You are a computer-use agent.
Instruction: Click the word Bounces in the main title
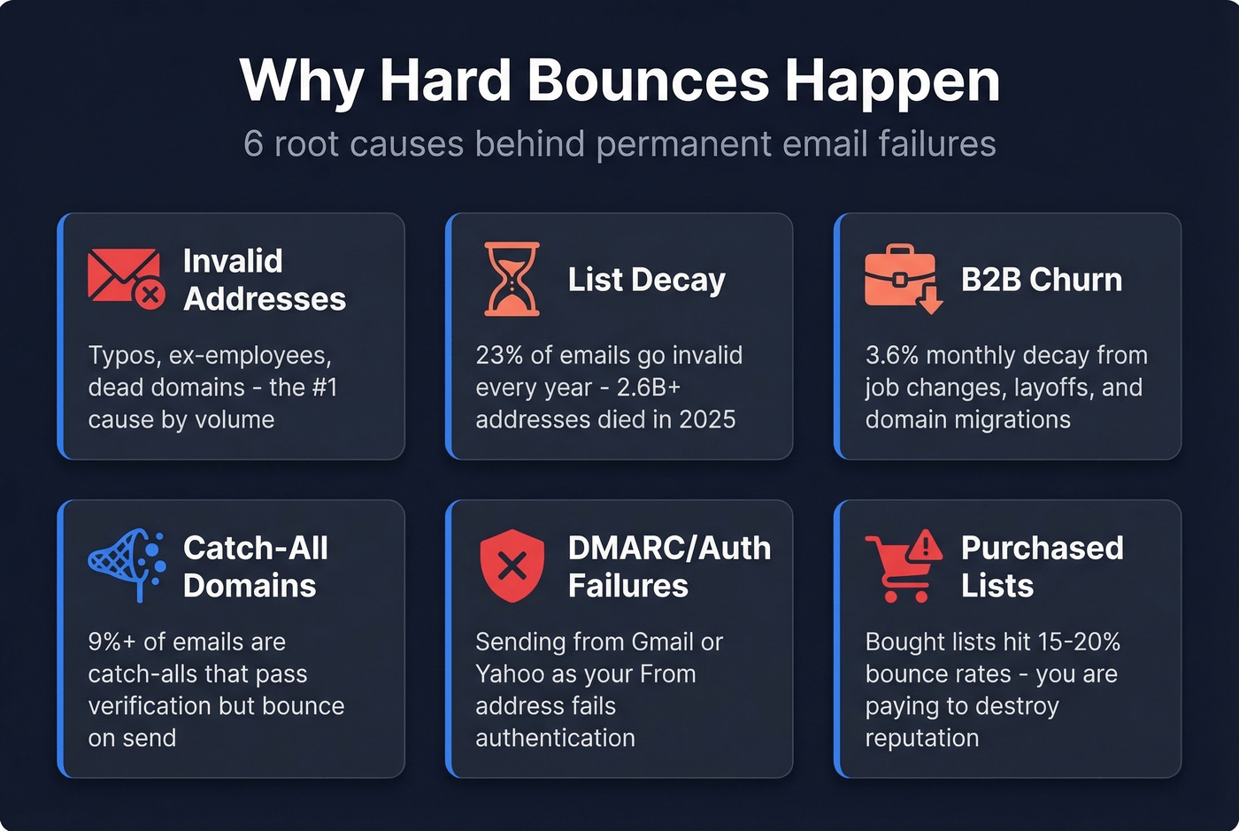(649, 81)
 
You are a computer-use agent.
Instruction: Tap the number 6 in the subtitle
(253, 143)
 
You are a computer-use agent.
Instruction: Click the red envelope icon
(125, 276)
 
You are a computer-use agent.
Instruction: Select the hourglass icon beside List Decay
(512, 279)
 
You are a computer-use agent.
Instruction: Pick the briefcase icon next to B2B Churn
(902, 277)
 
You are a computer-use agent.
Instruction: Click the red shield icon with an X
(512, 566)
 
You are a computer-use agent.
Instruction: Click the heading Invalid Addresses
(264, 280)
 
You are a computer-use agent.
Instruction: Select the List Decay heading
(646, 280)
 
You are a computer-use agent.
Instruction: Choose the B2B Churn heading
(1041, 280)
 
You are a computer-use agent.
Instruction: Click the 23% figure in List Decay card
(499, 355)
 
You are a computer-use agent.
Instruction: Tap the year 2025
(707, 419)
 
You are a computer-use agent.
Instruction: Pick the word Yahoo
(510, 673)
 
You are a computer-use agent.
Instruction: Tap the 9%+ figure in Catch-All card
(112, 642)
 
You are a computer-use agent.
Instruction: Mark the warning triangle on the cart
(926, 544)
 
